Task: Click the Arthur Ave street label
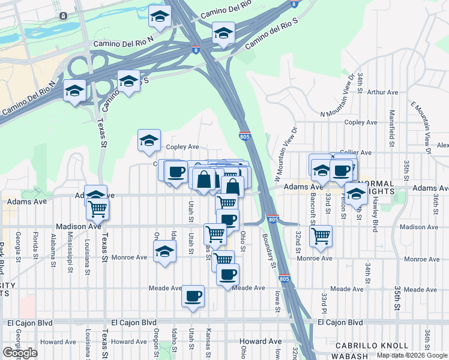(x=383, y=92)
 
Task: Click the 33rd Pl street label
(x=324, y=302)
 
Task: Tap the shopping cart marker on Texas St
(x=97, y=209)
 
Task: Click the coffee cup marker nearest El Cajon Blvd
(x=193, y=296)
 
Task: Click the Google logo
(x=20, y=353)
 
